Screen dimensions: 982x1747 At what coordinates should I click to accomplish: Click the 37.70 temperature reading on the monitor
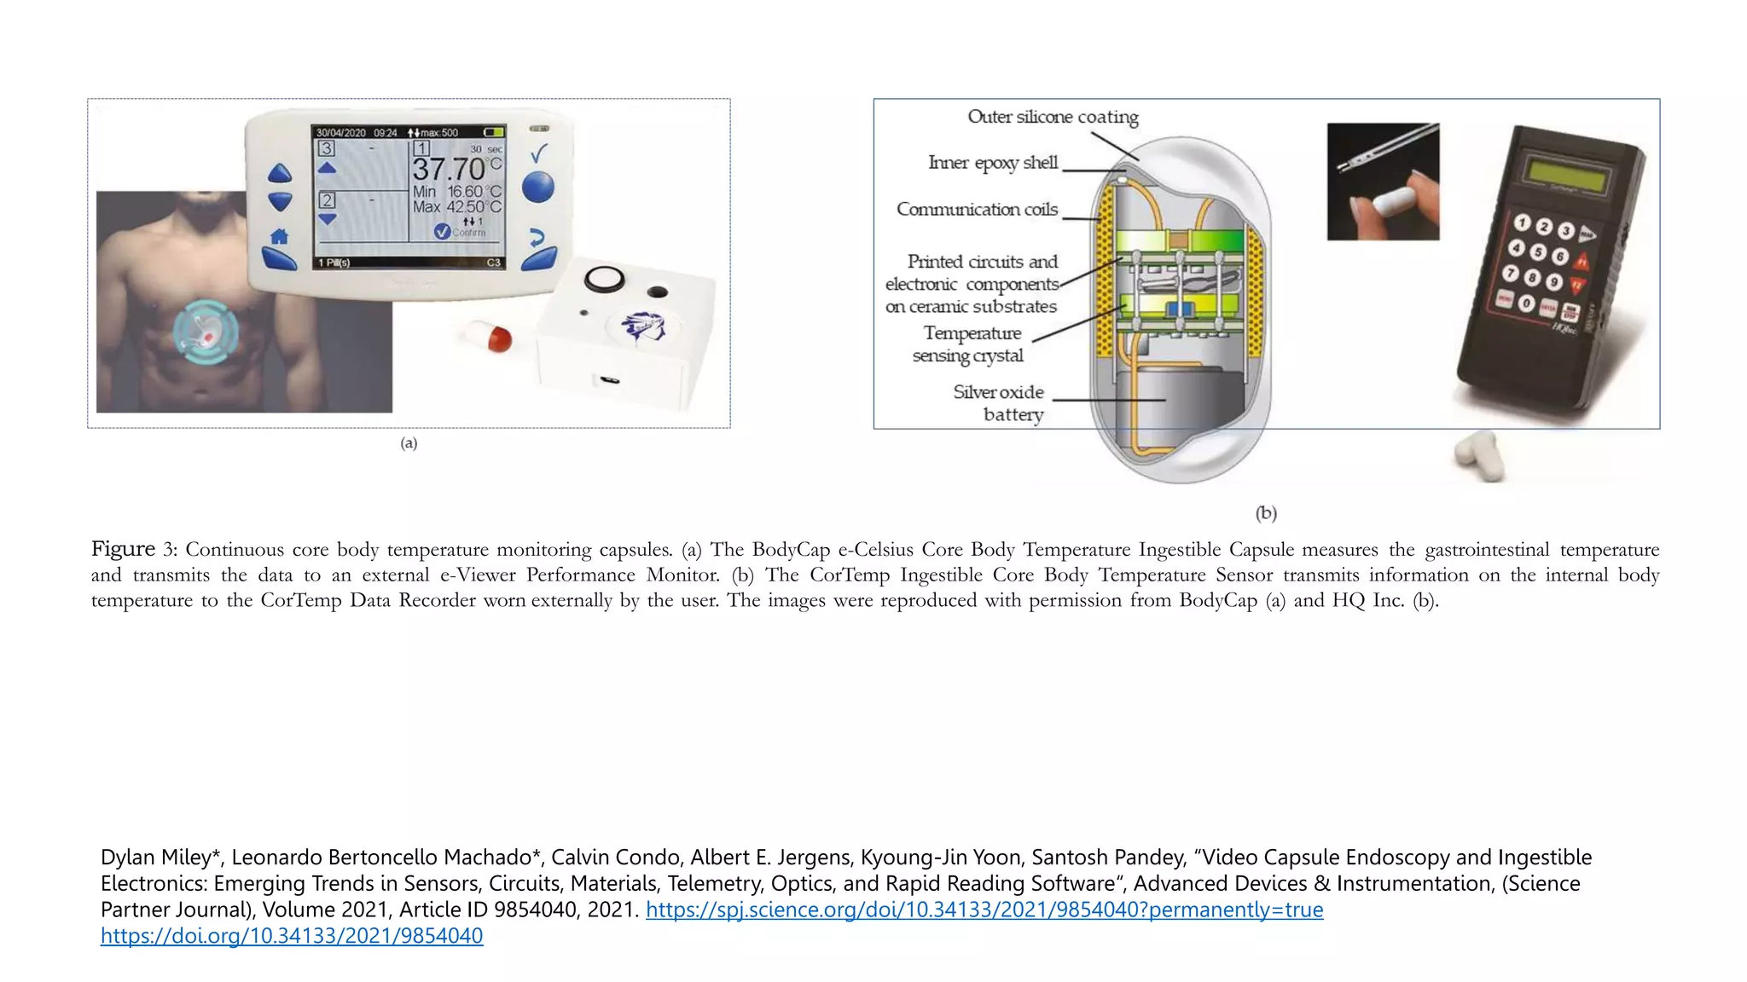point(450,169)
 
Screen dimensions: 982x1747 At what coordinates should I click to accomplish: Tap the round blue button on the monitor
point(537,187)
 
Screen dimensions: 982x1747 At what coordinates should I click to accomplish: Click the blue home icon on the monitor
point(279,236)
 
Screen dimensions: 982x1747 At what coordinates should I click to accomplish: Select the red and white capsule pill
point(488,335)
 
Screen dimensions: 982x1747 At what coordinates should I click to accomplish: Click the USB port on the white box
point(609,379)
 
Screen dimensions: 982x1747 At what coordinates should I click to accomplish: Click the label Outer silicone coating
point(1053,117)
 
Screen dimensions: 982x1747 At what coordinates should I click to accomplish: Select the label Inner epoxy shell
point(993,163)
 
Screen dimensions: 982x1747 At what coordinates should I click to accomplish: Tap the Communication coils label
point(977,210)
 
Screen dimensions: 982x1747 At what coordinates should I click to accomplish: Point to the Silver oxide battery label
point(999,403)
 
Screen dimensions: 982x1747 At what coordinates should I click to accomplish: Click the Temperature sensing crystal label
point(970,344)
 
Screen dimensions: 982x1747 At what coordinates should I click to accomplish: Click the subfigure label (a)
point(409,443)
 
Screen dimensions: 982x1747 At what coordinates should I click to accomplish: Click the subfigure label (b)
point(1266,513)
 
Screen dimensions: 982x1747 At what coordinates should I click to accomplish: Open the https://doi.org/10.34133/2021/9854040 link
point(292,936)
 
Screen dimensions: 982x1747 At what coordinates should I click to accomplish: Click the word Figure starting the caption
point(123,549)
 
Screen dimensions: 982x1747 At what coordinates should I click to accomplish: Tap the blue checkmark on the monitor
point(539,153)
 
